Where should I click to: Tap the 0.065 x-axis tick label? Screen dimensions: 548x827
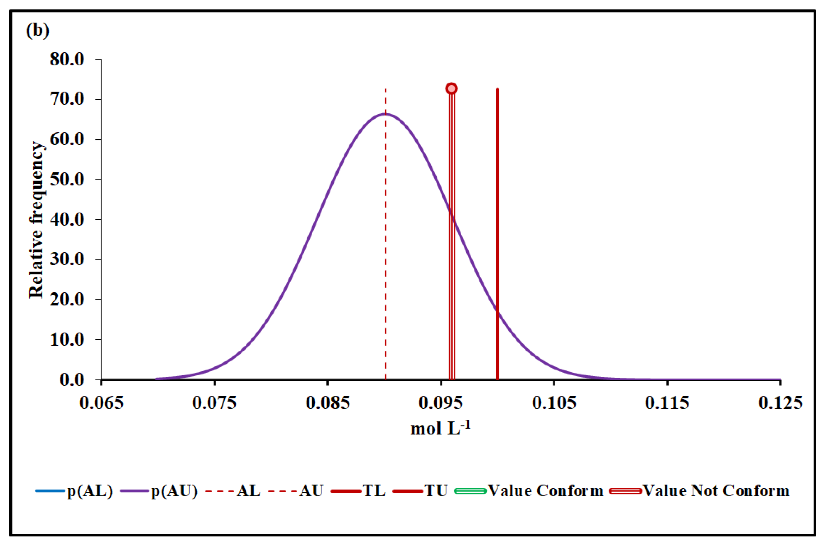tap(101, 403)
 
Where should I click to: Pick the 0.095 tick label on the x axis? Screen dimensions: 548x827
tap(441, 403)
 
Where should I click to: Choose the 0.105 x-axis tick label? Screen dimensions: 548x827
tap(554, 403)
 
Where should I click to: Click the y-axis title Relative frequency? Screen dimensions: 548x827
tap(36, 220)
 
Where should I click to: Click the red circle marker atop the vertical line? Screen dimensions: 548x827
tap(451, 88)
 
